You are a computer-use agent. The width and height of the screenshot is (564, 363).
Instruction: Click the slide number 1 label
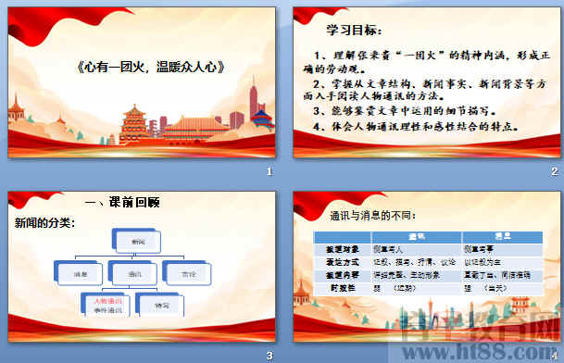click(x=269, y=173)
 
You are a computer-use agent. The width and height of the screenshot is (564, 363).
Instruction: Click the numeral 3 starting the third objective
click(x=319, y=108)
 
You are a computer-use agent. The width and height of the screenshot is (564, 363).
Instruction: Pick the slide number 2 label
click(x=554, y=173)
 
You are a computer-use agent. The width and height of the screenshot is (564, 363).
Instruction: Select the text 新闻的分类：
click(x=44, y=223)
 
